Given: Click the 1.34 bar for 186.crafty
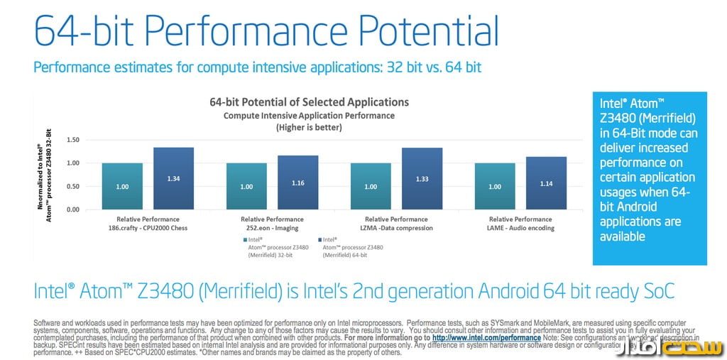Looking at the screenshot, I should (x=173, y=178).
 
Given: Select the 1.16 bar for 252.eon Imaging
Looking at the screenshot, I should (x=297, y=182).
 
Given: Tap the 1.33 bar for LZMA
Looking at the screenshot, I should (x=422, y=178).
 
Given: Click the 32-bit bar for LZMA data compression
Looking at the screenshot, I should (x=371, y=186).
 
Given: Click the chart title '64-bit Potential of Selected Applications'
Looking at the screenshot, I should (x=309, y=102).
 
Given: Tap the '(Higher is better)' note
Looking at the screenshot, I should (x=309, y=127).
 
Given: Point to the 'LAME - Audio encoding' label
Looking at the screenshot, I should (x=520, y=228).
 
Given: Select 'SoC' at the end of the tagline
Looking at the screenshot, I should (x=652, y=291).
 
